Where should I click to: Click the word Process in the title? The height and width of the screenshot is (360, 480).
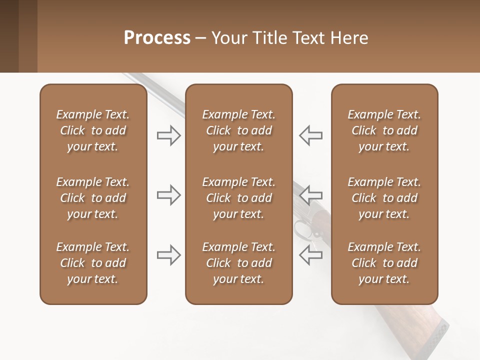point(157,37)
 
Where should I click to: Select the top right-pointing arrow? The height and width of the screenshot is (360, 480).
point(168,135)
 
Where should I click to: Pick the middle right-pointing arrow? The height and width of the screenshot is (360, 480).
point(168,194)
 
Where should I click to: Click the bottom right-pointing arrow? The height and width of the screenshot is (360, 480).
point(168,254)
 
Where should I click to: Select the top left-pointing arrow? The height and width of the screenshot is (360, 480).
point(310,135)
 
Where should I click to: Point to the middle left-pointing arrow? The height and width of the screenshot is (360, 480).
point(310,194)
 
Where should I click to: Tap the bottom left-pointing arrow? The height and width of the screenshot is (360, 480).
point(310,254)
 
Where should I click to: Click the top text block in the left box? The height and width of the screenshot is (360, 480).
point(93,130)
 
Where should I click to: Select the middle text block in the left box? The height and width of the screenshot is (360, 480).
point(93,198)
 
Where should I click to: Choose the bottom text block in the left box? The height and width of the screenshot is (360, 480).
point(93,263)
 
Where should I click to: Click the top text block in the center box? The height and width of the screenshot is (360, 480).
point(238,130)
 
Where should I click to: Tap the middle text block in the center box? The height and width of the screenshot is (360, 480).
point(238,198)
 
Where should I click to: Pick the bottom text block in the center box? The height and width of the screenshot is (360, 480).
point(238,263)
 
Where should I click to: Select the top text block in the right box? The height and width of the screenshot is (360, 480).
point(384,130)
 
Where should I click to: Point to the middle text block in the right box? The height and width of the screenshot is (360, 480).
point(384,198)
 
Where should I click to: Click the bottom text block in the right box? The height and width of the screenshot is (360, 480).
point(384,263)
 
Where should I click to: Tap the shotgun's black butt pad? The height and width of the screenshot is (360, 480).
point(436,337)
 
